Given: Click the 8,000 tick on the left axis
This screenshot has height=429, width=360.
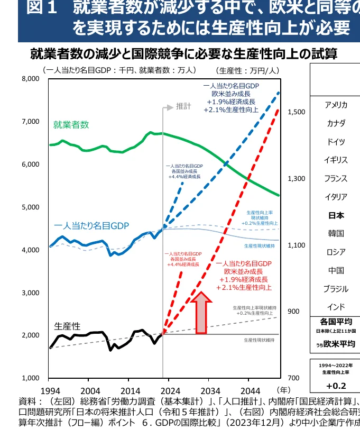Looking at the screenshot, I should tap(31, 79).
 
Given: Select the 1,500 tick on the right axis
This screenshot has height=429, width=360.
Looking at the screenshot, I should tap(297, 112).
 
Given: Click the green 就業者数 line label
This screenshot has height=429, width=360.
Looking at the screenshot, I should tap(71, 125).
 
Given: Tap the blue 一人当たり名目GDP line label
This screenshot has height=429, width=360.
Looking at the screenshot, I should tap(91, 226).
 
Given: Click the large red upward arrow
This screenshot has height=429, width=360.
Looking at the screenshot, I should tap(201, 314).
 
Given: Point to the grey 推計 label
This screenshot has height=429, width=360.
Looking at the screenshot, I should tap(183, 107).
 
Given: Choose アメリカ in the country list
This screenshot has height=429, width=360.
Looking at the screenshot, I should tap(336, 105).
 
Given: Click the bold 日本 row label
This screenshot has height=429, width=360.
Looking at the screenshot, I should tap(336, 215).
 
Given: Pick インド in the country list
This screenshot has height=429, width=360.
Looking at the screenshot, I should tap(336, 307).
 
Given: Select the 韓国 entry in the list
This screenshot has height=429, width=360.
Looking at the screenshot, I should tap(336, 233).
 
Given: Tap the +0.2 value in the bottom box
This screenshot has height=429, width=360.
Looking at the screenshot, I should tap(336, 385).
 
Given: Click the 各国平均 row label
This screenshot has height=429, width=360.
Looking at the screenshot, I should tap(336, 321).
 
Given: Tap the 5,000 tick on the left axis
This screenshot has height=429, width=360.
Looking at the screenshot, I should tap(31, 207).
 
